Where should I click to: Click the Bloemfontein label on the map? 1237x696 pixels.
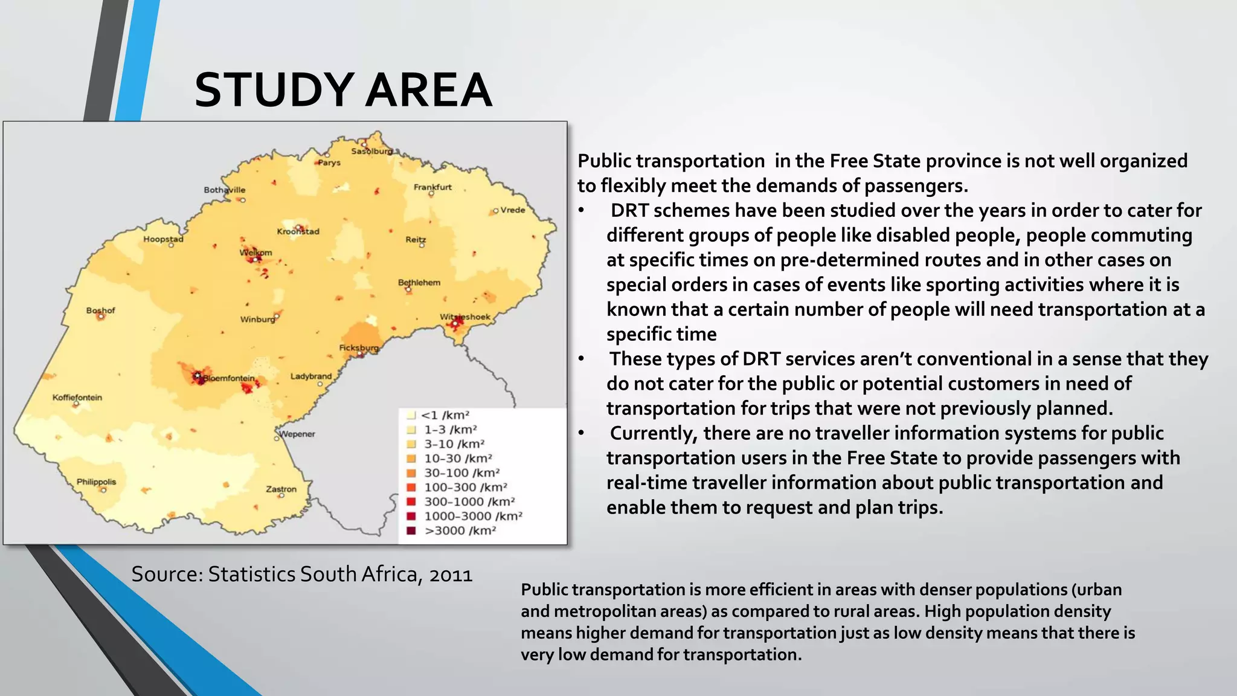point(229,378)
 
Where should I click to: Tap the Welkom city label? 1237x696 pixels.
point(256,253)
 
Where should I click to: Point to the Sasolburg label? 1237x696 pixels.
point(371,151)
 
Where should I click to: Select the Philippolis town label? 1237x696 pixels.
point(96,482)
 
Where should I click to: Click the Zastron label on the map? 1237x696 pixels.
point(281,489)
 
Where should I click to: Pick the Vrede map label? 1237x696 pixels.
point(513,210)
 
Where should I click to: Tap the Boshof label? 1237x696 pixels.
point(100,311)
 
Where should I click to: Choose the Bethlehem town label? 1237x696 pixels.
point(419,282)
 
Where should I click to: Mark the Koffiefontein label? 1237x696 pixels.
point(77,398)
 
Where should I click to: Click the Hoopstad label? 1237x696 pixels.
point(163,239)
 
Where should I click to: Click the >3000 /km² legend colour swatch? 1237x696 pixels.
point(411,530)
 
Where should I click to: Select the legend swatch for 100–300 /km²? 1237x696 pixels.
point(411,487)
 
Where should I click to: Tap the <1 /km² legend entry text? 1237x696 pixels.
point(445,415)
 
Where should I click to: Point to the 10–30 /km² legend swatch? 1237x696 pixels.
point(411,459)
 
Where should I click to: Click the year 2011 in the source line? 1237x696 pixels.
point(451,574)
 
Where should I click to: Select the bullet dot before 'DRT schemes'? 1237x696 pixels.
point(581,211)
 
